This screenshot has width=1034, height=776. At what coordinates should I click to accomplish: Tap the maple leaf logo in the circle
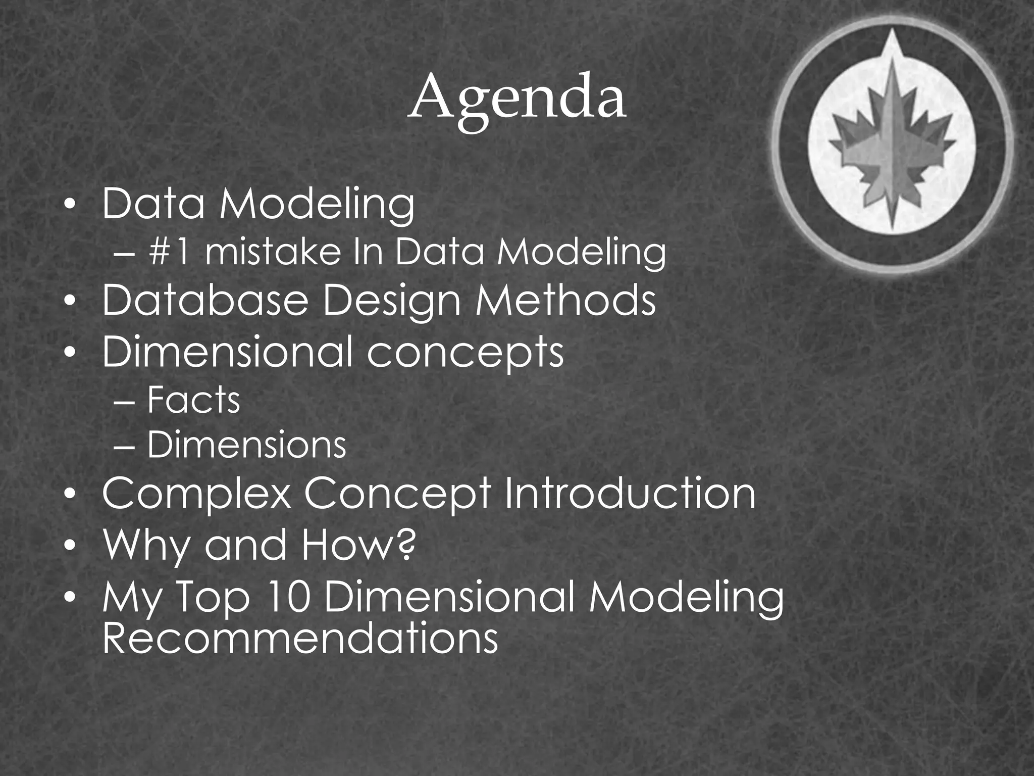click(892, 147)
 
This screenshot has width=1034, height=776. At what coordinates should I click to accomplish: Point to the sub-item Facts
click(193, 400)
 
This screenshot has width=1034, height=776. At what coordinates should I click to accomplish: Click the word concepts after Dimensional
click(465, 352)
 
